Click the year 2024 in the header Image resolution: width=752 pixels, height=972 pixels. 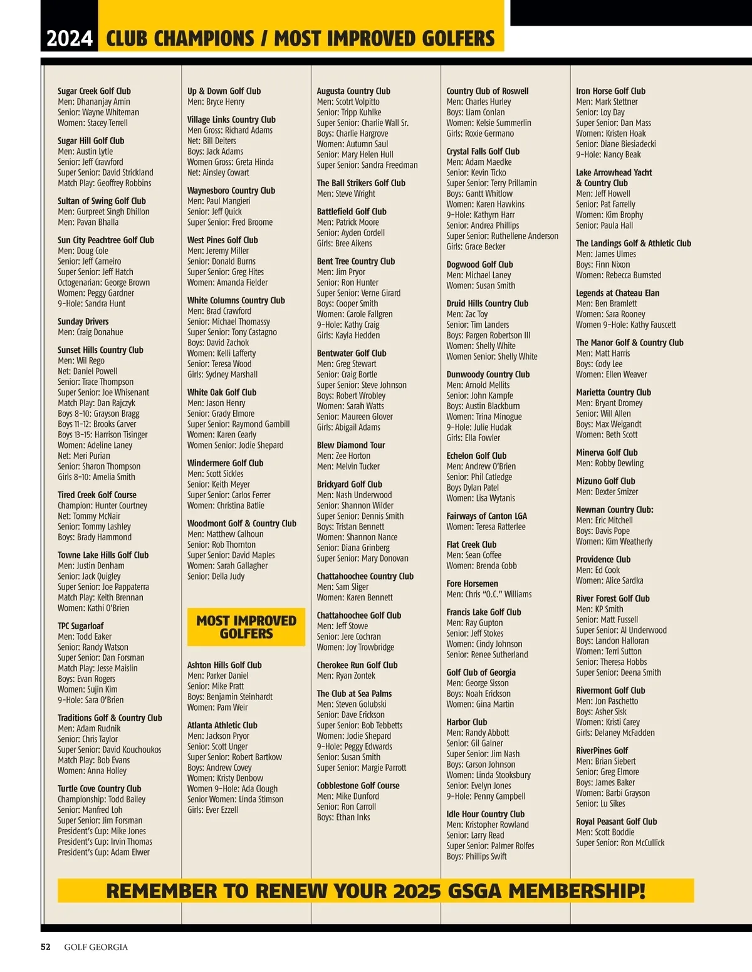click(x=70, y=39)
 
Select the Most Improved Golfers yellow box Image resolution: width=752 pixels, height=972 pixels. click(x=246, y=627)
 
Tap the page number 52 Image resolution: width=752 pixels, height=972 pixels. click(x=46, y=947)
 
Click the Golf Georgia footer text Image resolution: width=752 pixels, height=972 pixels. click(x=96, y=947)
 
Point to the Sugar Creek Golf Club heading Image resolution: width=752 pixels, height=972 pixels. click(x=94, y=91)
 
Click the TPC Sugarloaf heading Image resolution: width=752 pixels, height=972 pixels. click(x=81, y=626)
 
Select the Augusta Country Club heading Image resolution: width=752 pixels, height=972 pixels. click(x=353, y=91)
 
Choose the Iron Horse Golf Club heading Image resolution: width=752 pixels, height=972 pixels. click(x=610, y=91)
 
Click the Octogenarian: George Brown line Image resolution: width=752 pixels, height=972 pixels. click(x=103, y=283)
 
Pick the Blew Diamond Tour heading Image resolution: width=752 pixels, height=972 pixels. click(x=351, y=445)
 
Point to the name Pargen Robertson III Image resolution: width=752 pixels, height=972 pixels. click(x=498, y=335)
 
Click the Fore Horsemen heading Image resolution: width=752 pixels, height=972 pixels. click(x=472, y=583)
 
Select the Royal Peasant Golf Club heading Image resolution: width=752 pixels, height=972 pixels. click(x=617, y=822)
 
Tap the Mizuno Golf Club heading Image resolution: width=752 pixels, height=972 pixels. click(x=605, y=481)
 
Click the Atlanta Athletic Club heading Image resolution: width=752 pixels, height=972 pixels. click(x=222, y=725)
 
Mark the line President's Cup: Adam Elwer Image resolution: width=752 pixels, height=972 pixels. click(x=103, y=852)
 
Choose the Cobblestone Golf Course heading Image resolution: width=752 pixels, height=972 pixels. click(x=358, y=785)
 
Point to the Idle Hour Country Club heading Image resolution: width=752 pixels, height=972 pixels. click(x=486, y=814)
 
